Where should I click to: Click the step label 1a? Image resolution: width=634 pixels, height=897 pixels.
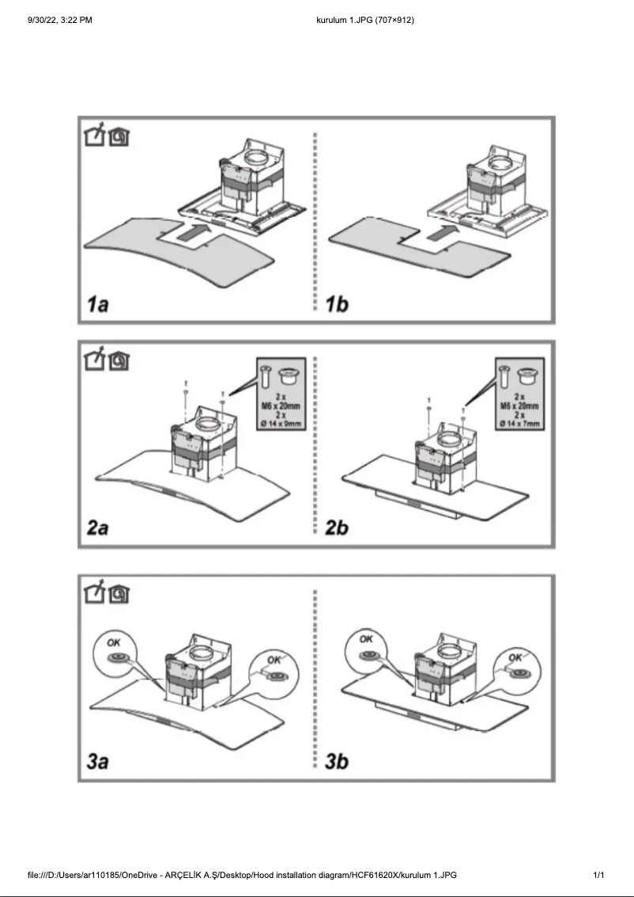coord(98,305)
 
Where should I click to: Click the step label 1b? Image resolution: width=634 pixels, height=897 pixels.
coord(338,305)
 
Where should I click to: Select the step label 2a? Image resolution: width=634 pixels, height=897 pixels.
coord(98,528)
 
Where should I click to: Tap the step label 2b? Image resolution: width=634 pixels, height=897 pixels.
coord(338,528)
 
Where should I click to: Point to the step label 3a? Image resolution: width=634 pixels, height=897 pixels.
coord(98,762)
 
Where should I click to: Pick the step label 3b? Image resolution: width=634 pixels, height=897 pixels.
coord(338,762)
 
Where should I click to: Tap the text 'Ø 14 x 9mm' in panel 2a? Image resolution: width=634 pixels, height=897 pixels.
coord(285,425)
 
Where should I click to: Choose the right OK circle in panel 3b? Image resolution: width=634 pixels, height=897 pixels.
coord(517,669)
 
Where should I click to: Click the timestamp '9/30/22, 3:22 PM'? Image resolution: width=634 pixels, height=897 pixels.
coord(60,19)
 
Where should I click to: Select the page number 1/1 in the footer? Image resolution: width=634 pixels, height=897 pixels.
coord(598,875)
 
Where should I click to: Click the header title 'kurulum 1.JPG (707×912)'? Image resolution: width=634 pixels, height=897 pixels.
coord(364,19)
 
